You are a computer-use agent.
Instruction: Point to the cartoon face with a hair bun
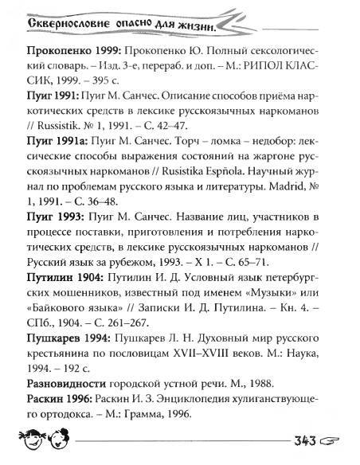click(43, 437)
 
